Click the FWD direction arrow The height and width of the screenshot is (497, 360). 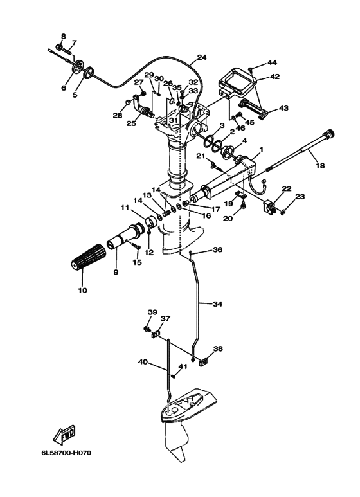tap(65, 433)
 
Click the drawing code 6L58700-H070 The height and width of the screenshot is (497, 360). tap(66, 453)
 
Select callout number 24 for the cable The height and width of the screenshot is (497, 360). tap(202, 57)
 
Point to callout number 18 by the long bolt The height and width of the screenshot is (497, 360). tap(320, 165)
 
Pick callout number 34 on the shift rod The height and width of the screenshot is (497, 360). tap(217, 304)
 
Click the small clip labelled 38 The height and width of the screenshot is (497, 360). tap(203, 361)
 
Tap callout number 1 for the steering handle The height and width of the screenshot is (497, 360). tap(262, 149)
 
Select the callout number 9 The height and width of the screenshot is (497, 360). tap(116, 272)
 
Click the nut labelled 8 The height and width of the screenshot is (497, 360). tap(59, 47)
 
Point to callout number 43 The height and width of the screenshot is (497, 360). tap(283, 108)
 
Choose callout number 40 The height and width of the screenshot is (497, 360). tap(143, 361)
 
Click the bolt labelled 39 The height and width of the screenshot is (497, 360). tap(147, 329)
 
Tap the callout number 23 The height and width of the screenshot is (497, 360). tap(300, 197)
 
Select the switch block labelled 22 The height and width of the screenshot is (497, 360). tap(268, 206)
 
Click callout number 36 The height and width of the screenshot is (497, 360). tap(217, 249)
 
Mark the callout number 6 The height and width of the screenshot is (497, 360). tap(64, 87)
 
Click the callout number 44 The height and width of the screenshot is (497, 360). tap(272, 62)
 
